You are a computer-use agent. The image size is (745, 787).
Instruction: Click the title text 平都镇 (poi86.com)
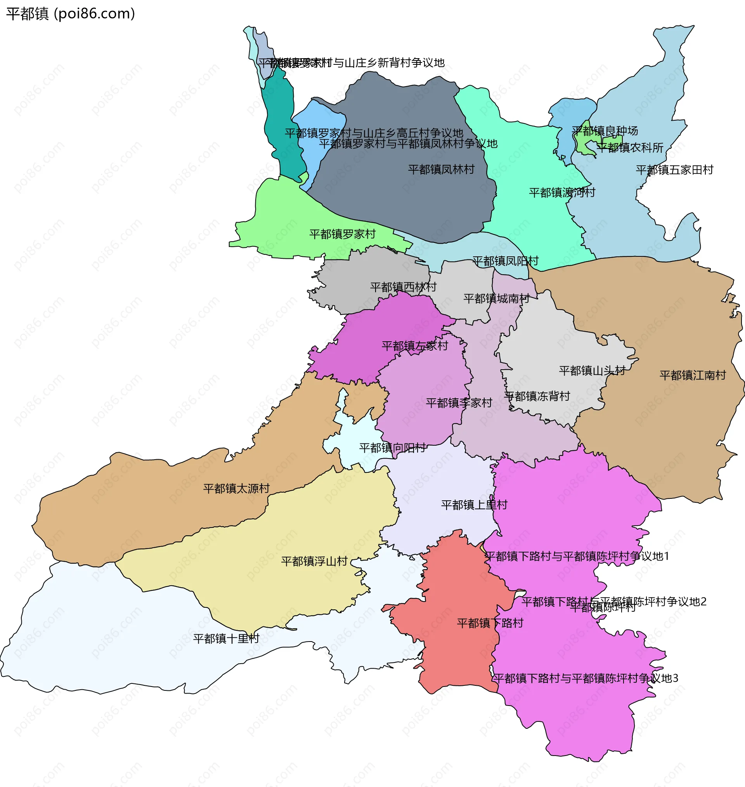click(x=71, y=14)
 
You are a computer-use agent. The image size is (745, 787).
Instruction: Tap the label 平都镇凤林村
click(x=441, y=170)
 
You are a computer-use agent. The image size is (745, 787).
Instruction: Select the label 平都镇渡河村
click(x=562, y=192)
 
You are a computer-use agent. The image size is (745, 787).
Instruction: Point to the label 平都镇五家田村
click(x=674, y=170)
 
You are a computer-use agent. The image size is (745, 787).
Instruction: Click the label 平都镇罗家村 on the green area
click(x=342, y=234)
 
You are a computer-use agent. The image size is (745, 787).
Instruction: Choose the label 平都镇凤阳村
click(x=505, y=261)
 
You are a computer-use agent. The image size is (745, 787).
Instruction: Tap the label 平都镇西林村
click(x=403, y=287)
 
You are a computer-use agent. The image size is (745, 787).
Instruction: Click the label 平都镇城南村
click(x=496, y=298)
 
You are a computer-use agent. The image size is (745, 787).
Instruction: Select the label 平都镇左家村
click(x=414, y=346)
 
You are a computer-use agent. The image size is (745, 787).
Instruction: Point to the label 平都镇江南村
click(x=693, y=375)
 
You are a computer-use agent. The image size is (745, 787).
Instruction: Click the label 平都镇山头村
click(x=592, y=371)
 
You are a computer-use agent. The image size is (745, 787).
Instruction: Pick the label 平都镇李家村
click(x=459, y=403)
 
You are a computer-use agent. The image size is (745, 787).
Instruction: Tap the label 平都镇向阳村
click(x=392, y=448)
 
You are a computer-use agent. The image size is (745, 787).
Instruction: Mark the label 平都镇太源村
click(x=236, y=489)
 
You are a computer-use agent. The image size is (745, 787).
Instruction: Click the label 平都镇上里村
click(x=474, y=505)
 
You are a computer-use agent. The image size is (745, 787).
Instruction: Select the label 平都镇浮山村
click(x=314, y=561)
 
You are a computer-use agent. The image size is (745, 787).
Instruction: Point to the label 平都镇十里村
click(x=226, y=638)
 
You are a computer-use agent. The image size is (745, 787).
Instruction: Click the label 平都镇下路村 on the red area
click(x=490, y=623)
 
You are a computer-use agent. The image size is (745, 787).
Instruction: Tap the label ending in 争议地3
click(x=586, y=678)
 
